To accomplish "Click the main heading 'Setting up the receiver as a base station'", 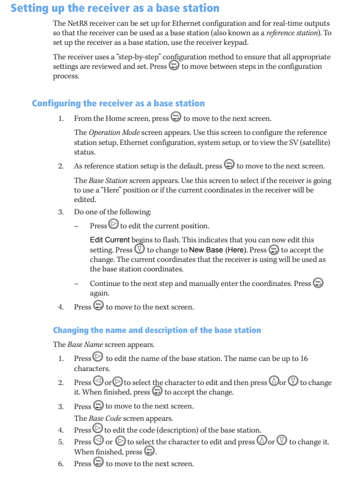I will click(115, 8).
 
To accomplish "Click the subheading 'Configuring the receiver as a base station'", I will click(118, 104).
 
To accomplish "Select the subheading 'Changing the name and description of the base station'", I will click(157, 330).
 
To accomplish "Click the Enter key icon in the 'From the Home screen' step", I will click(176, 118).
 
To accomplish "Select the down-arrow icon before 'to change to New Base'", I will click(140, 250).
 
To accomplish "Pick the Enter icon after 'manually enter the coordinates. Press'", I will click(319, 283).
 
